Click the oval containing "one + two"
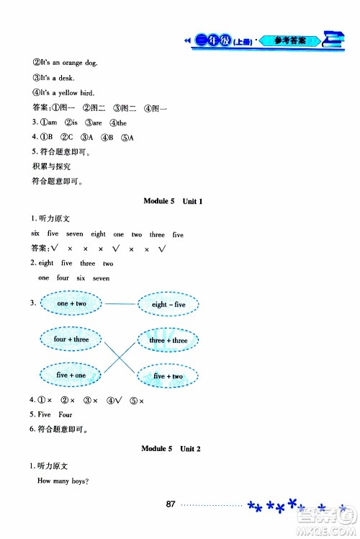coord(71,304)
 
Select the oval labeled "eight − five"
coord(168,305)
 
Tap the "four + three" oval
coord(71,339)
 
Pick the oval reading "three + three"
coord(168,340)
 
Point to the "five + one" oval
coord(71,375)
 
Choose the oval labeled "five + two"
coord(168,376)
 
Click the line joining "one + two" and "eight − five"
coord(120,304)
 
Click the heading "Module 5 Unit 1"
coord(173,202)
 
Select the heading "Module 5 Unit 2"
coord(173,449)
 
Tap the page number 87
coord(171,503)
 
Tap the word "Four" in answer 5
coord(65,415)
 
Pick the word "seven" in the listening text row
coord(75,234)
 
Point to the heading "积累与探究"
coord(49,167)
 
